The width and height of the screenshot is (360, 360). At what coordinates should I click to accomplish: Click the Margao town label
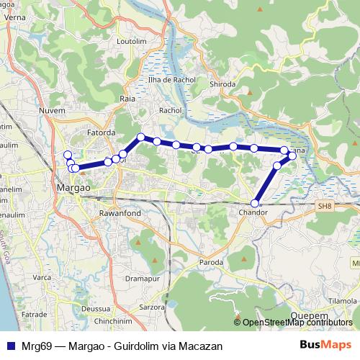coord(72,187)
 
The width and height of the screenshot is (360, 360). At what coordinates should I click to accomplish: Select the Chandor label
coord(252,213)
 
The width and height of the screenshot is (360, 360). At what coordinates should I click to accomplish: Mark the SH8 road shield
coord(325,205)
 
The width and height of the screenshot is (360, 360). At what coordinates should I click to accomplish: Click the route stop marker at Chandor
coord(255,203)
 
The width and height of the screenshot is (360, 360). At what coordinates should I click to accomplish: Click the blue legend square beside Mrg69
coord(9,346)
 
